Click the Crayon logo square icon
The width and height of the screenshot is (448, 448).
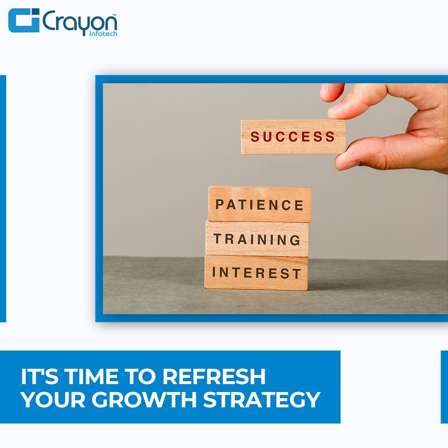[24, 20]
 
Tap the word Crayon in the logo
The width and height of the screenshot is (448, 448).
[80, 22]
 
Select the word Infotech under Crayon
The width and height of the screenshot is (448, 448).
[103, 34]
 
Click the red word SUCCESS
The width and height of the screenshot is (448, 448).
[292, 136]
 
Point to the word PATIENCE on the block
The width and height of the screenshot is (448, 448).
[259, 205]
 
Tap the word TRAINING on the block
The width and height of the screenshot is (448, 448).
[257, 239]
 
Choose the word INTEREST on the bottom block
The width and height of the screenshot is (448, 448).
[256, 273]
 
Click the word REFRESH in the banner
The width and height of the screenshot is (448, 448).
[214, 376]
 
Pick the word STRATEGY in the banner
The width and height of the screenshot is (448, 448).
[262, 399]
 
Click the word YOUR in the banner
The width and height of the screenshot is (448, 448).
[53, 399]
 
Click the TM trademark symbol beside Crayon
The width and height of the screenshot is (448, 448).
[114, 14]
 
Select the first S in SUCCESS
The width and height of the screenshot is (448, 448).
[255, 136]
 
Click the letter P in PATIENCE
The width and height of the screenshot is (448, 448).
[220, 205]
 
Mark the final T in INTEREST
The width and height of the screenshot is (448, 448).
[297, 273]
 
